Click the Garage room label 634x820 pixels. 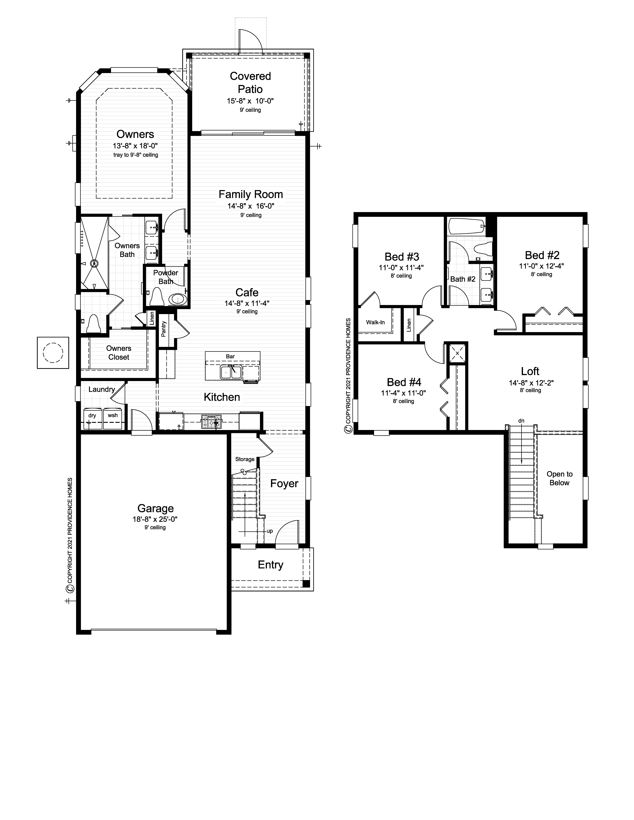coord(156,508)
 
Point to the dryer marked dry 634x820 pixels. coord(92,418)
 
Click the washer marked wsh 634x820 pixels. coord(113,418)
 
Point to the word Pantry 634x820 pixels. coord(163,328)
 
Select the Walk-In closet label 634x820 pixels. coord(375,322)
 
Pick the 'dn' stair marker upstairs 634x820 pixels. coord(521,421)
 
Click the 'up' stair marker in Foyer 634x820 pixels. coord(270,531)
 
